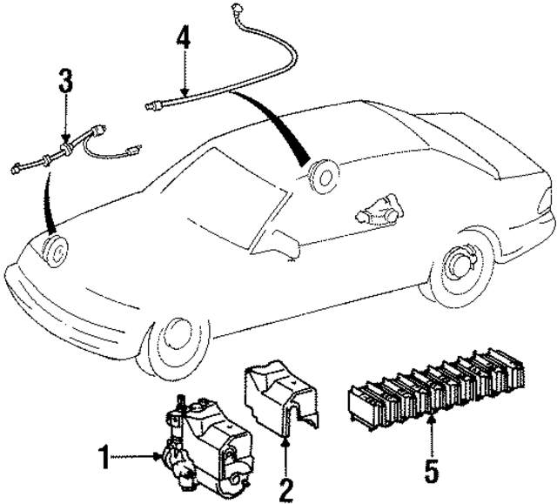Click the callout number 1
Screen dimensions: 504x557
point(105,456)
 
